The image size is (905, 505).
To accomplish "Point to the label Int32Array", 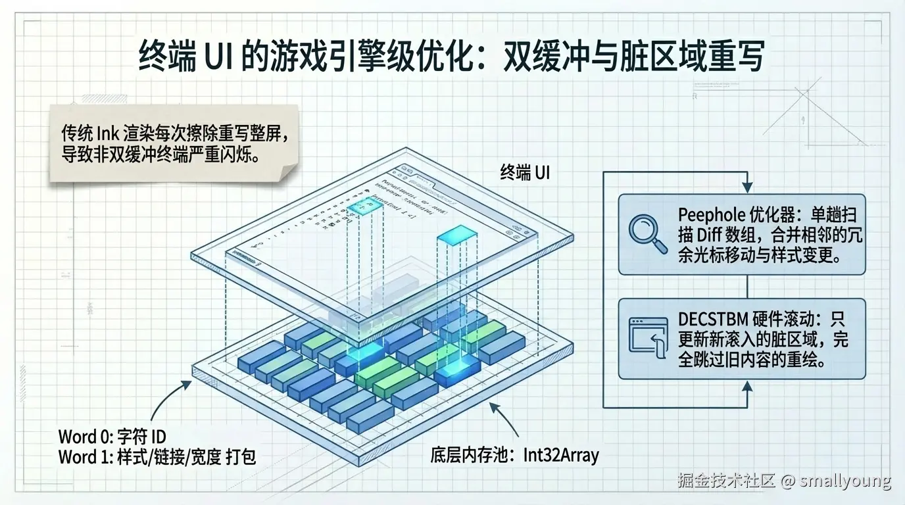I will pos(561,454).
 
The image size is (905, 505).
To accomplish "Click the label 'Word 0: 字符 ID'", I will pos(112,436).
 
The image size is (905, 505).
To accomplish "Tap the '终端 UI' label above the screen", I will pos(524,173).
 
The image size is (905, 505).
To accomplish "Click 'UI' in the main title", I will pos(219,57).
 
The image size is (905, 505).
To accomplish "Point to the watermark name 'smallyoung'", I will pos(845,481).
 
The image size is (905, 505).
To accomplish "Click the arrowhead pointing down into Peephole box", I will pos(746,185).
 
